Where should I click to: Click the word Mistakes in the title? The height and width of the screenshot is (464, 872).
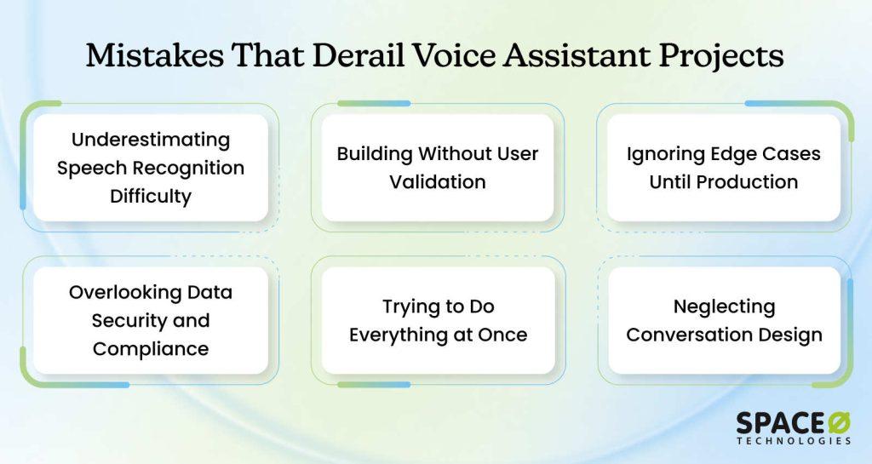155,55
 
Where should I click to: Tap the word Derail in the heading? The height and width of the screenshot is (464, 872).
358,55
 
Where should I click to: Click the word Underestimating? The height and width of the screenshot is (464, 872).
151,140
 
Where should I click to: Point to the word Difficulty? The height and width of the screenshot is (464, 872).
151,196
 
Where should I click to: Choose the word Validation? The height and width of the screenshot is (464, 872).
438,181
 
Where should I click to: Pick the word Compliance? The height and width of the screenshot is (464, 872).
151,349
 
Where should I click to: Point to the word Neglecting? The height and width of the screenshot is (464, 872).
724,306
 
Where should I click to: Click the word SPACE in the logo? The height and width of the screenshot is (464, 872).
780,423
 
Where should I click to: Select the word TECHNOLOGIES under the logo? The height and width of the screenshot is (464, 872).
794,441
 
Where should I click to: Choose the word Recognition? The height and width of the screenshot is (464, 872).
189,168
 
